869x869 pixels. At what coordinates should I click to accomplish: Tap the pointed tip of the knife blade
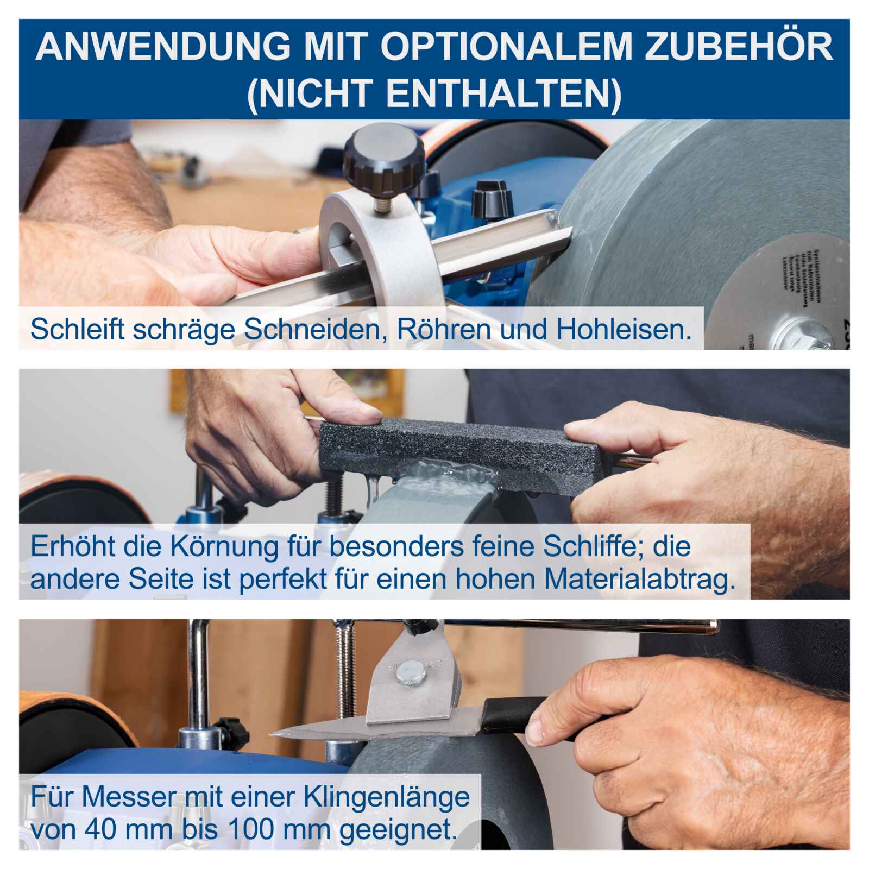pyautogui.click(x=274, y=733)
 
